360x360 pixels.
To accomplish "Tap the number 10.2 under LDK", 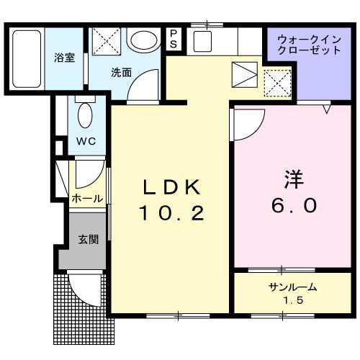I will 171,212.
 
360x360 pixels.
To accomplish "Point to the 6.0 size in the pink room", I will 294,205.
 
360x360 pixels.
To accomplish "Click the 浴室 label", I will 64,58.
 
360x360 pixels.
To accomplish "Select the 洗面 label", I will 122,72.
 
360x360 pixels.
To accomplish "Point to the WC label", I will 86,140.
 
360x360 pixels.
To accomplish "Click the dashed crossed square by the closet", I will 277,82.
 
